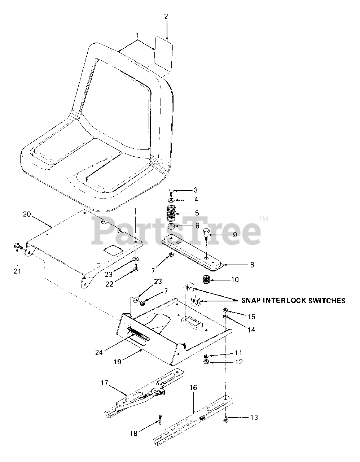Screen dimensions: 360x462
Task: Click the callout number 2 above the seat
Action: pyautogui.click(x=166, y=16)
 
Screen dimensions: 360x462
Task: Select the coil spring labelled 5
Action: pyautogui.click(x=172, y=213)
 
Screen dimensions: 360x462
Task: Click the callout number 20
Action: pyautogui.click(x=27, y=214)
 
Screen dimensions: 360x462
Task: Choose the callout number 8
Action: pyautogui.click(x=251, y=265)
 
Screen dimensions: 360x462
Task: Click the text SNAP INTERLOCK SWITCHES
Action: pyautogui.click(x=289, y=300)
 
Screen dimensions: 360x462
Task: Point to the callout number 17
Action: pyautogui.click(x=104, y=382)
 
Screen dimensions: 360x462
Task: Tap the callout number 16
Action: pyautogui.click(x=193, y=388)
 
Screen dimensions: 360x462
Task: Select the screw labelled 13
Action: pyautogui.click(x=225, y=419)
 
